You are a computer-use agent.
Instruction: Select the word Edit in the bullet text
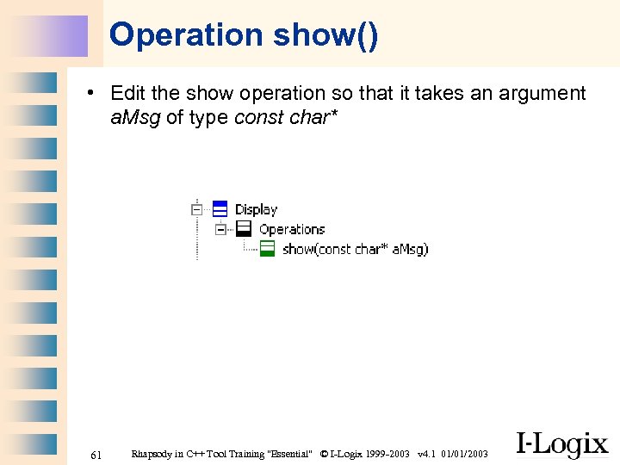(127, 94)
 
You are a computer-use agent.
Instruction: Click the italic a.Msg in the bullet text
(135, 117)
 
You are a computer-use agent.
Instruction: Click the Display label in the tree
(256, 209)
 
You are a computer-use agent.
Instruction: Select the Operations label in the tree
(292, 229)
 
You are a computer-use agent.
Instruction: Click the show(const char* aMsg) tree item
(355, 249)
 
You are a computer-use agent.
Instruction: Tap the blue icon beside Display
(220, 208)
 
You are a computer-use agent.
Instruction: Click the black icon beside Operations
(244, 229)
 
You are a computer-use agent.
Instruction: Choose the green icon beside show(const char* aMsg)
(268, 249)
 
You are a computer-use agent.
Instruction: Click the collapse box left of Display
(197, 209)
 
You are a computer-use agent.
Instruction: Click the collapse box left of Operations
(221, 229)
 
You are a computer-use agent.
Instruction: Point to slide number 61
(96, 454)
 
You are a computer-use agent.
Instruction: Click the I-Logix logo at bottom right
(561, 444)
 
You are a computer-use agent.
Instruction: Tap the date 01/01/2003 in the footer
(465, 454)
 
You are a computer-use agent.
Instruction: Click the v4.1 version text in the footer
(425, 454)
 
